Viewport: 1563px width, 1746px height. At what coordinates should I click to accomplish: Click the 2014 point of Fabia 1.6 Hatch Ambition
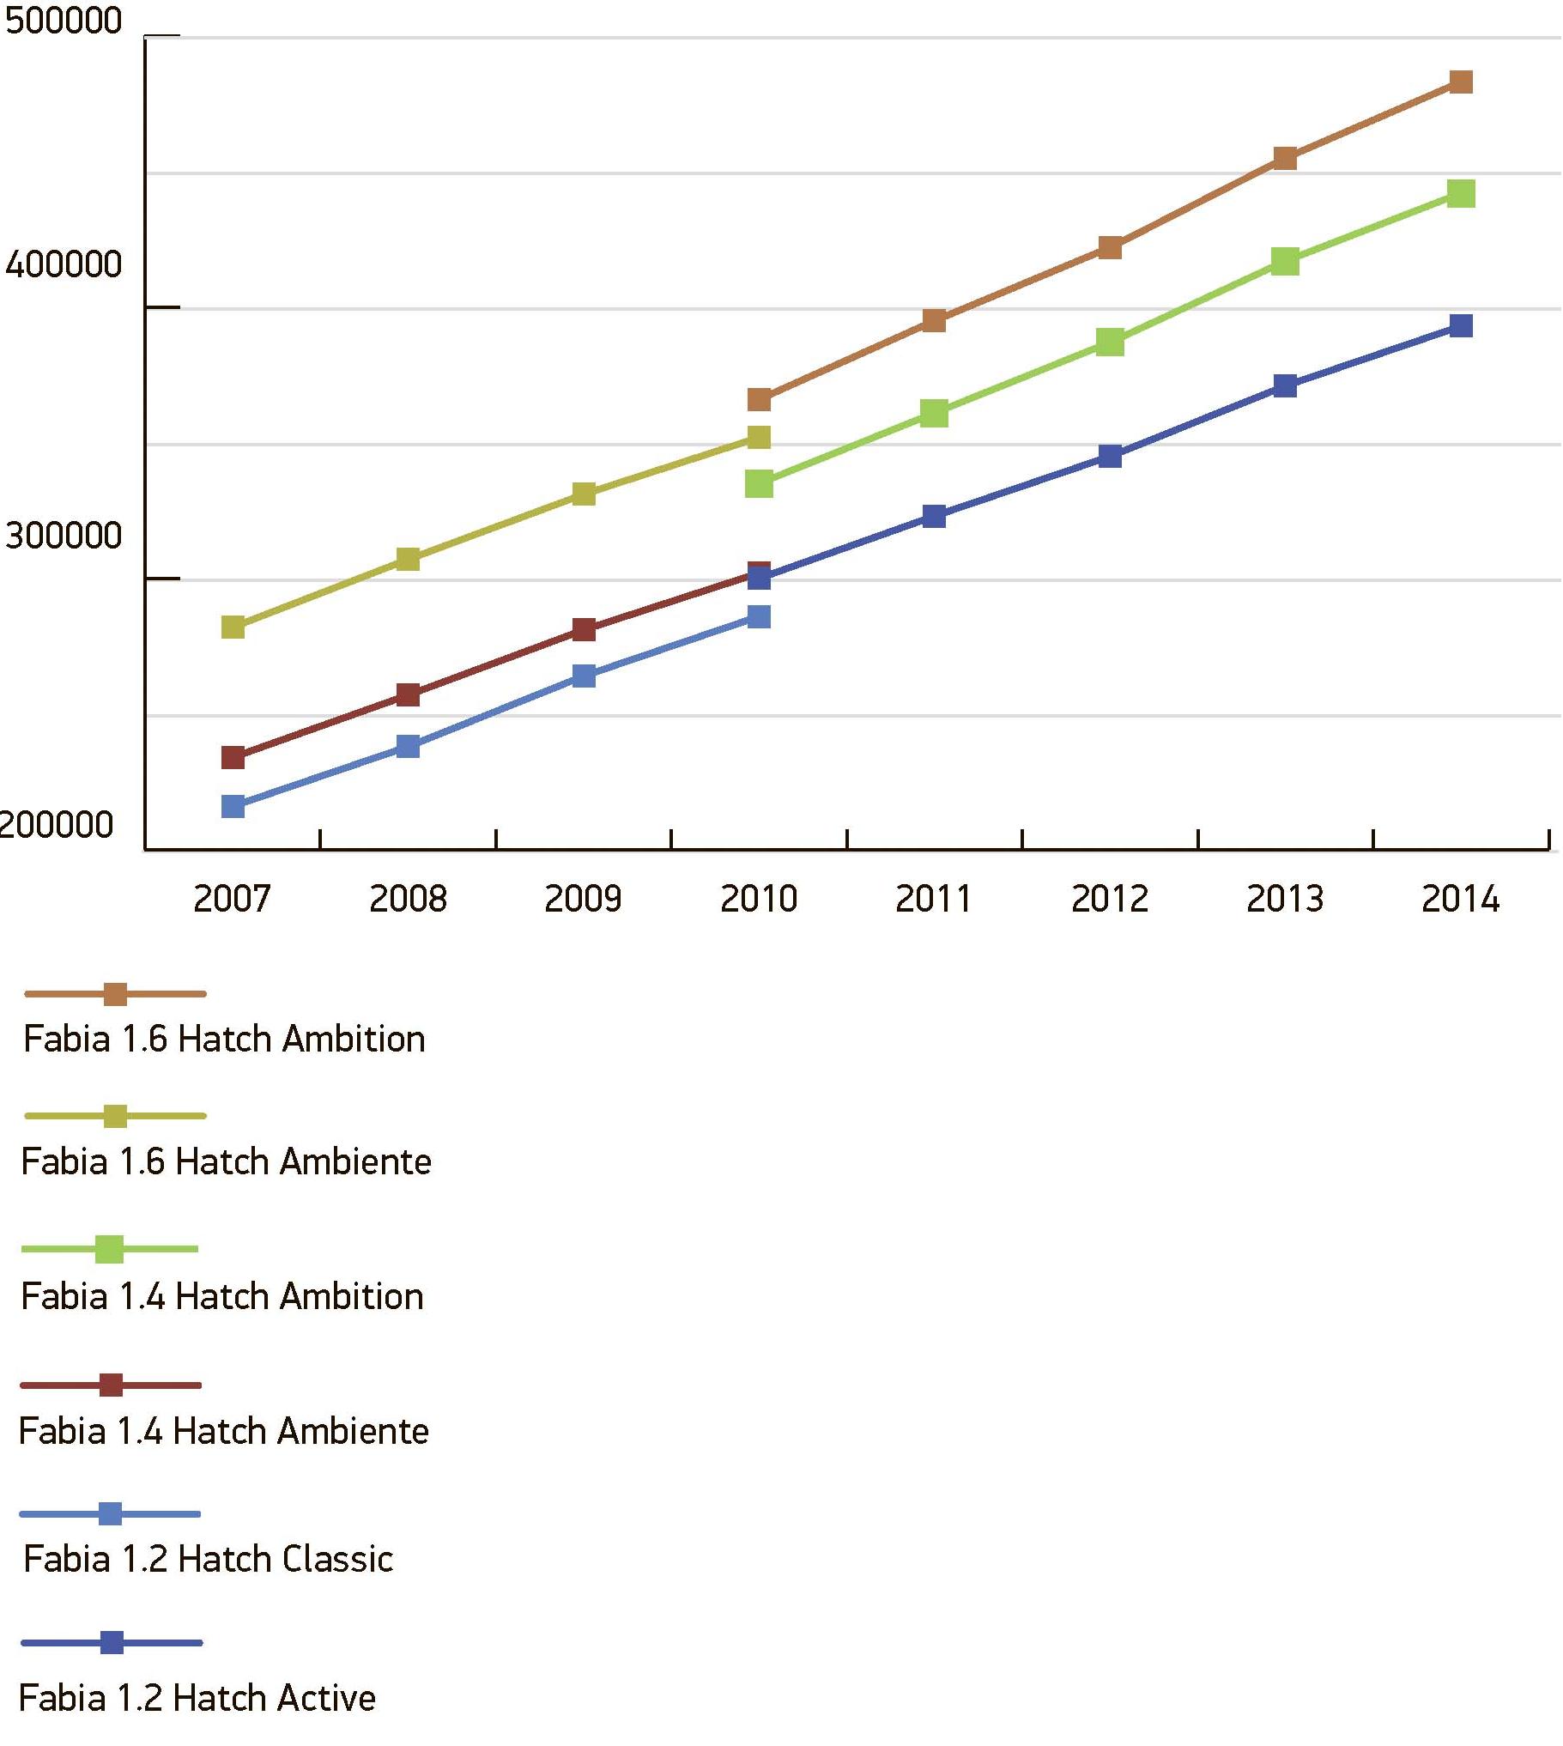click(1460, 82)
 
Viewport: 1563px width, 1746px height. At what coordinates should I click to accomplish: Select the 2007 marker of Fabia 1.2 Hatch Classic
click(233, 806)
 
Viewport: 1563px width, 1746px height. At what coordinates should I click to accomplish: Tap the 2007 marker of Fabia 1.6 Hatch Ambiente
click(233, 627)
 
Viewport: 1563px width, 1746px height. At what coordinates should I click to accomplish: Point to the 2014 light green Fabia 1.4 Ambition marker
click(1460, 193)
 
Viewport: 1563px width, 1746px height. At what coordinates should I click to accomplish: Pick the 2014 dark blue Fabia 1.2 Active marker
click(1460, 325)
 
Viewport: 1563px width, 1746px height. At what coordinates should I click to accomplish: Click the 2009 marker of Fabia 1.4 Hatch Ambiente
click(583, 629)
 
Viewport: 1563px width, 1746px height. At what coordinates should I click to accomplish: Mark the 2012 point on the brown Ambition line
click(1110, 247)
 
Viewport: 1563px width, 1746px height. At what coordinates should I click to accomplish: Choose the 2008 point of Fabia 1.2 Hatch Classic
click(408, 745)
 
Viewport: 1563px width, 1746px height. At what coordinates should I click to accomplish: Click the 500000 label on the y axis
click(64, 21)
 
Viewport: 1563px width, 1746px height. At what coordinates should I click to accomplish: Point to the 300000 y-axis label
click(64, 536)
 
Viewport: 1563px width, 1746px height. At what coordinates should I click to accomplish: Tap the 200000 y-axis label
click(57, 825)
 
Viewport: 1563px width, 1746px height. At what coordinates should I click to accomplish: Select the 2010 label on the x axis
click(758, 900)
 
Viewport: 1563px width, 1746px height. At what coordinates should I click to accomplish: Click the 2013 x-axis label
click(1285, 900)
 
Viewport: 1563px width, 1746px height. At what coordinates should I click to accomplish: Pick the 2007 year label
click(232, 900)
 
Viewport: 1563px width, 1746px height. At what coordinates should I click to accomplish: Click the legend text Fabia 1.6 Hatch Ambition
click(224, 1040)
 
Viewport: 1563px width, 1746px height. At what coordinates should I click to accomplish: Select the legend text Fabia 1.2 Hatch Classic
click(209, 1559)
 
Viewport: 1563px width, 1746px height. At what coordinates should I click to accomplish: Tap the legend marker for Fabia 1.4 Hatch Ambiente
click(111, 1385)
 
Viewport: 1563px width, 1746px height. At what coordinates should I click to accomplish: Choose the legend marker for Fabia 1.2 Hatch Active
click(112, 1642)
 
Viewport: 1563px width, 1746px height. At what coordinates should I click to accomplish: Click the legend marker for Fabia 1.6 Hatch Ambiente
click(115, 1116)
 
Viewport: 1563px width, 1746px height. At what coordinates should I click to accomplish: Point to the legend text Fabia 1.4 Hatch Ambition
click(222, 1297)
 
